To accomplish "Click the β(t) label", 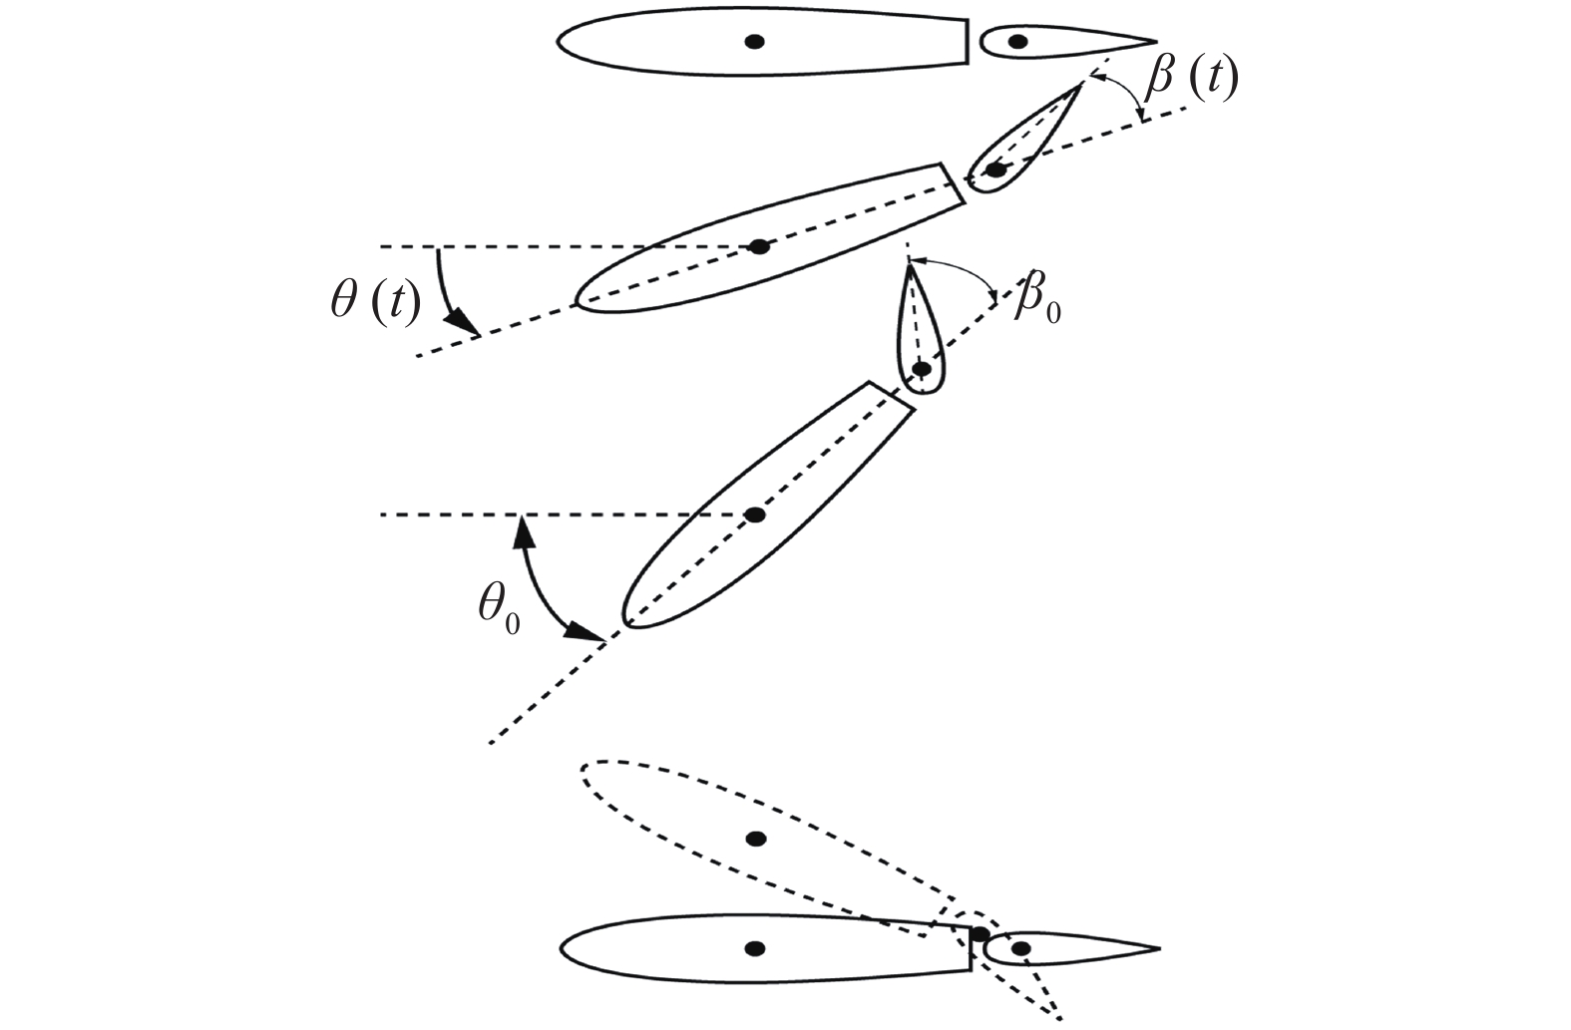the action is click(x=1191, y=79).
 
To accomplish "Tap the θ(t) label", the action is click(x=374, y=301).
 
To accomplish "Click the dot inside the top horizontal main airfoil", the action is click(x=755, y=42).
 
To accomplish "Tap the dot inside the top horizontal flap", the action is click(x=1018, y=42).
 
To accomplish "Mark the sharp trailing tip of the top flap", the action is click(x=1155, y=43).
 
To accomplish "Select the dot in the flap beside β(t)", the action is click(x=995, y=171).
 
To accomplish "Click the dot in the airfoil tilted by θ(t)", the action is click(x=760, y=246).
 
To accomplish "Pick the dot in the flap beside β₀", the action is click(x=922, y=369).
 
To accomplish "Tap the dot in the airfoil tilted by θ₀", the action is click(x=755, y=515).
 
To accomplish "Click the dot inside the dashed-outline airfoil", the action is click(x=756, y=839).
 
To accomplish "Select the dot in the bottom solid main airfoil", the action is click(x=755, y=947).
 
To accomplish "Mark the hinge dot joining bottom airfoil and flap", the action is click(x=981, y=934).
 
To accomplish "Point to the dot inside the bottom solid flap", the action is click(x=1019, y=948).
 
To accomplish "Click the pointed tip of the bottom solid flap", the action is click(x=1159, y=948).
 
